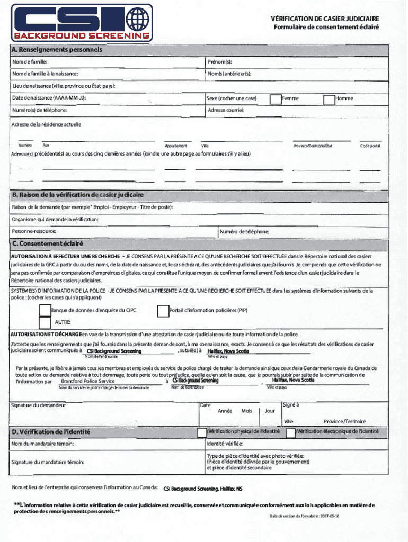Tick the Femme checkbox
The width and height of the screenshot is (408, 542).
(276, 99)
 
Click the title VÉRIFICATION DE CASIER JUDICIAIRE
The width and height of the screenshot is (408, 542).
(325, 19)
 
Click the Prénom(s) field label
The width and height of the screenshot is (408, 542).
(220, 62)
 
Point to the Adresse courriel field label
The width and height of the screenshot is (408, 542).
(226, 110)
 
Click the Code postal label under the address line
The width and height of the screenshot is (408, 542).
(370, 146)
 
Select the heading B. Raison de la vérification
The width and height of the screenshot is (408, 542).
(78, 195)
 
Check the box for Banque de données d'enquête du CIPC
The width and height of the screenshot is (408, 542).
(46, 310)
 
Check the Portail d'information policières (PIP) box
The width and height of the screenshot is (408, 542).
(163, 311)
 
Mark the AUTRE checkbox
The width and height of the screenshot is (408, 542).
(46, 322)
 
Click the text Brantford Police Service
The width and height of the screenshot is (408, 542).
(87, 381)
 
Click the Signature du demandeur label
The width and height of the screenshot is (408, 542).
(38, 405)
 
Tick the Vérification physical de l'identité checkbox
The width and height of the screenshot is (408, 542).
(202, 432)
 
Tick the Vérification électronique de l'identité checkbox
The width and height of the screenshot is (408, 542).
(290, 432)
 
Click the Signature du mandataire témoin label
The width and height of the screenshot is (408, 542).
(48, 462)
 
